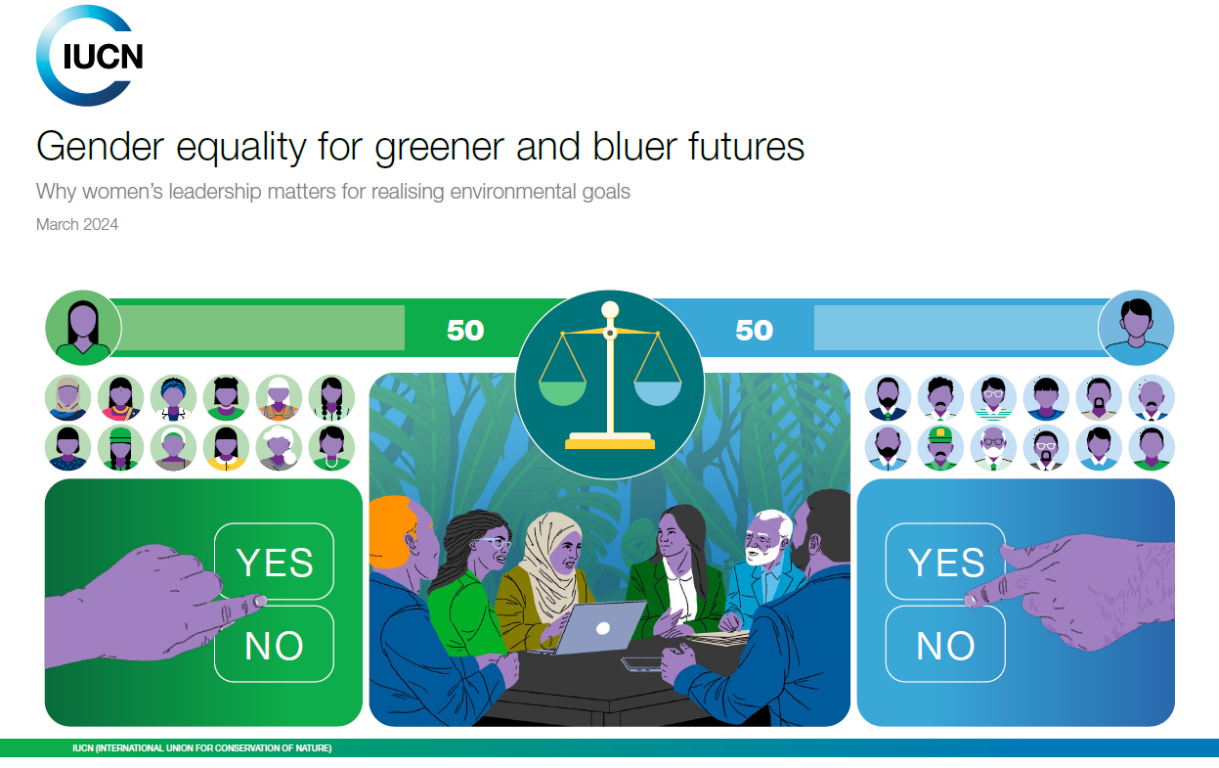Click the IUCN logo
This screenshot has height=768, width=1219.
pos(89,56)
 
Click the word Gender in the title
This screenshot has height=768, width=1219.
pos(100,147)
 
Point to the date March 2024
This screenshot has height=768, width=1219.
pos(76,224)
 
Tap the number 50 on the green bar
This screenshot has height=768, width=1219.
pos(465,330)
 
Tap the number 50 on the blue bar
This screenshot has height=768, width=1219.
pos(755,330)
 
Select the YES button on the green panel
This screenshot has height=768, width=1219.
pos(275,562)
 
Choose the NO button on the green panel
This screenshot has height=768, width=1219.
pos(275,645)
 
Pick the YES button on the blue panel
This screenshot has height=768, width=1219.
pos(945,562)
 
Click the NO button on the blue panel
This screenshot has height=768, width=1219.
pos(945,645)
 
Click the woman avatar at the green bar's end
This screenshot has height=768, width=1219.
pos(83,328)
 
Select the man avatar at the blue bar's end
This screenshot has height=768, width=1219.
pos(1136,328)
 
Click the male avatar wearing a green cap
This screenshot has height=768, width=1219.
pos(940,448)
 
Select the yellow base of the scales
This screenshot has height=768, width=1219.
pos(610,441)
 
